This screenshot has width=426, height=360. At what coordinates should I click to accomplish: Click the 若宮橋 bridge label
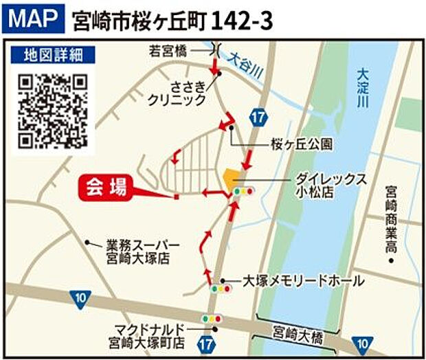(x=169, y=49)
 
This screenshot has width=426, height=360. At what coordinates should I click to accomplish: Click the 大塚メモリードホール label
(x=303, y=281)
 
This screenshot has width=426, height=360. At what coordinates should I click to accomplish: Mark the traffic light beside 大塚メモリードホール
(x=221, y=289)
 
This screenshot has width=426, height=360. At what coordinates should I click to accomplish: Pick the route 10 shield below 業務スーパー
(x=80, y=297)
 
